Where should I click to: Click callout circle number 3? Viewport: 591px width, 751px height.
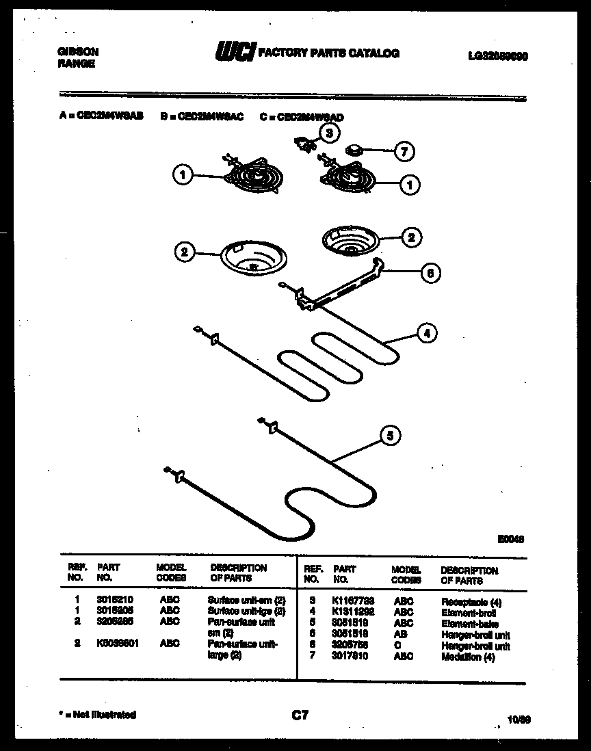[x=329, y=133]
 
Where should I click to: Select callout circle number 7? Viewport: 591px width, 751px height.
[x=404, y=151]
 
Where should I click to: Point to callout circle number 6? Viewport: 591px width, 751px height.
[x=430, y=274]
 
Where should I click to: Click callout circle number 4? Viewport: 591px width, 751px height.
[x=426, y=334]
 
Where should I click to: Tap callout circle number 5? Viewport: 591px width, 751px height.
[x=389, y=436]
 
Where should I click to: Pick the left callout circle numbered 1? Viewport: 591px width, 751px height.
[x=182, y=176]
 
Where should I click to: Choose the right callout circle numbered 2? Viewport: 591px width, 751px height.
[x=410, y=237]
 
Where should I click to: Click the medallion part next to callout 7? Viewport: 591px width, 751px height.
[x=354, y=149]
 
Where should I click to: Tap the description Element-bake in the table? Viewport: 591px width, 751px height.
[x=469, y=624]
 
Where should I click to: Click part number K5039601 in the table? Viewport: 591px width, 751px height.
[x=118, y=643]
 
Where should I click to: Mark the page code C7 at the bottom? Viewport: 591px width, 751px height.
[x=300, y=715]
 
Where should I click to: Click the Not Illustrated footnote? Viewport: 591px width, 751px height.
[x=98, y=715]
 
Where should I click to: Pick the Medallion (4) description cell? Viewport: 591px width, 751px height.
[x=469, y=657]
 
